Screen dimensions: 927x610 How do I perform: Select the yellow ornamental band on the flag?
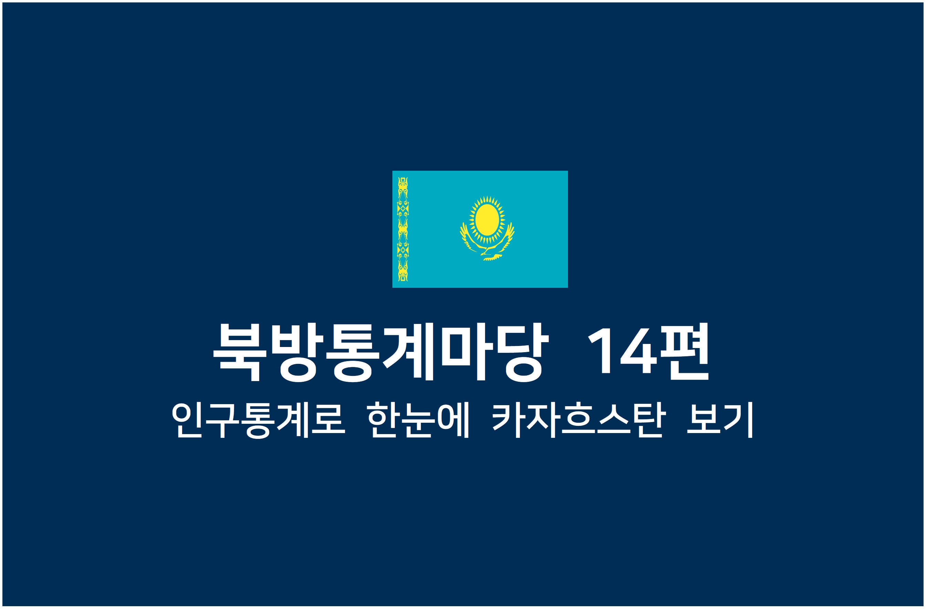coord(403,229)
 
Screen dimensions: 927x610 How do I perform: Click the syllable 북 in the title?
coord(240,352)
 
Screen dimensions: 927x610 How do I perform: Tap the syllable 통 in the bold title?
coord(352,352)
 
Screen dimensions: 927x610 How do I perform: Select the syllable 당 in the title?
coord(522,352)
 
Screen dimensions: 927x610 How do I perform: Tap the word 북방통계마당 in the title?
coord(381,352)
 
